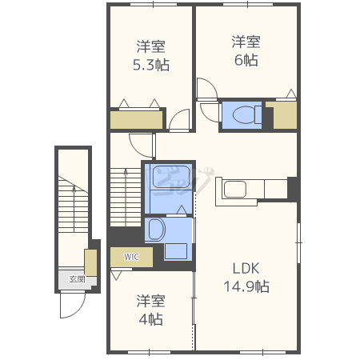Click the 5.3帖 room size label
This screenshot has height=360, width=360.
tap(151, 65)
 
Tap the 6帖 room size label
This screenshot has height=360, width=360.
tap(246, 60)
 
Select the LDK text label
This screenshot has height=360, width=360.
tap(246, 268)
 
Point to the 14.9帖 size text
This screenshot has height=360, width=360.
tap(246, 286)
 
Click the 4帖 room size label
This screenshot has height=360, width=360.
tap(151, 319)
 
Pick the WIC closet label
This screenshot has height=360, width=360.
tap(131, 257)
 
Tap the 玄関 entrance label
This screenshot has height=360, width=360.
tap(78, 279)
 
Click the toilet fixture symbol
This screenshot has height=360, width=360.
tap(247, 115)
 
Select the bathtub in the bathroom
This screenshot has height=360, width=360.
tap(171, 177)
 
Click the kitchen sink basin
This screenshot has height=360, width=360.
tap(235, 190)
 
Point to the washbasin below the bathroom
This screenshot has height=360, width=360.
tap(156, 230)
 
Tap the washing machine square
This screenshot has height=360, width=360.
tap(176, 251)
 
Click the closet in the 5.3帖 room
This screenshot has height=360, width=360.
tap(137, 120)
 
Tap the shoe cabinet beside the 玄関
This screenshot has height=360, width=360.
tap(90, 262)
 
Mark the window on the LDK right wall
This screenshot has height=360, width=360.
tap(299, 242)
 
